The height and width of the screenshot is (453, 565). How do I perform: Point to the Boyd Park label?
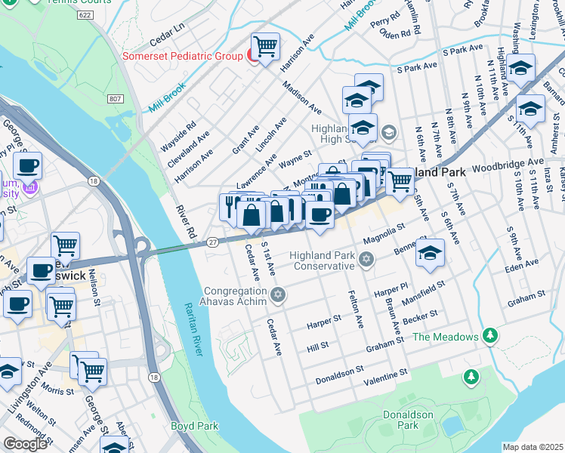click(x=194, y=426)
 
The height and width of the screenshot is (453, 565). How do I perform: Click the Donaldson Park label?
click(x=409, y=420)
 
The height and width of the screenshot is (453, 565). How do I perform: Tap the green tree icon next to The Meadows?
click(x=490, y=334)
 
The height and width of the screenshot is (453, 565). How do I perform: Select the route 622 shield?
click(x=85, y=14)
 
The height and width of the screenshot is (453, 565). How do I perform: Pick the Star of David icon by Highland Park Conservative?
click(x=366, y=260)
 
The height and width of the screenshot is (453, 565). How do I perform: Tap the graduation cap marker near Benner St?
click(x=430, y=253)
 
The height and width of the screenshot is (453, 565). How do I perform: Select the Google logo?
click(x=26, y=444)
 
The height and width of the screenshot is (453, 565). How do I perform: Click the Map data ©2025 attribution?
click(x=533, y=447)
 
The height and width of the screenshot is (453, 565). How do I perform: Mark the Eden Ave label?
click(x=522, y=264)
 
